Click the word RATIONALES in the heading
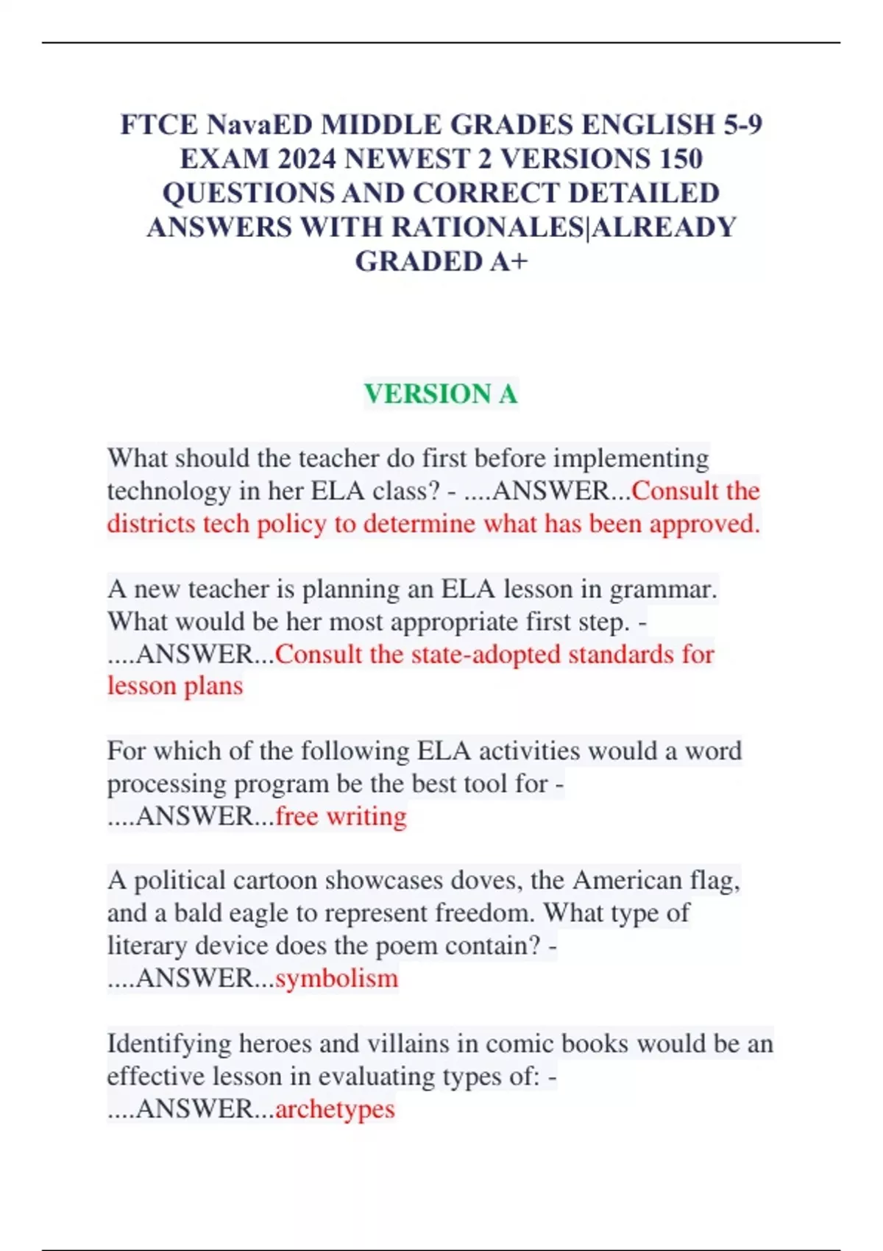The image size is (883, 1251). click(486, 227)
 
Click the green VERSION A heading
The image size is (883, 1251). click(441, 394)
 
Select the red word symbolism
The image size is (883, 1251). click(336, 978)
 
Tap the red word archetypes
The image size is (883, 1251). click(335, 1108)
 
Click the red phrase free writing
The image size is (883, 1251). click(341, 816)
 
